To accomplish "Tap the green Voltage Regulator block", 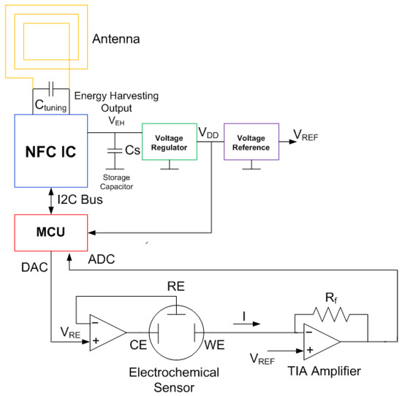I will [x=169, y=141].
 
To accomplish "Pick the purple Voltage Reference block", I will [x=252, y=141].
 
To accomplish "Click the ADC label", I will [x=100, y=259].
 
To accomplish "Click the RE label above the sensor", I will [x=175, y=286].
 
